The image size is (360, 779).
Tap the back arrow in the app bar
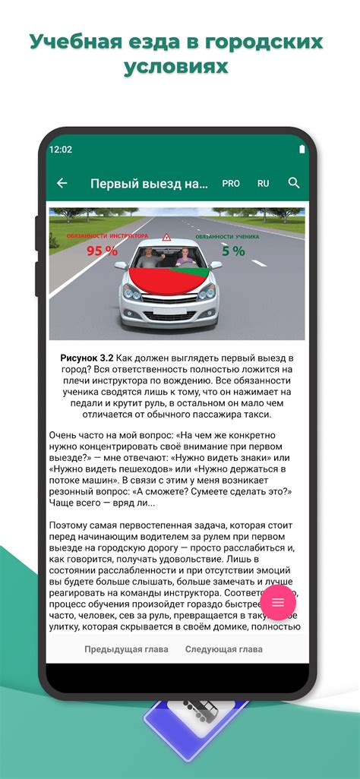[62, 183]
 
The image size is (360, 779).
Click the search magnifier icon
[294, 183]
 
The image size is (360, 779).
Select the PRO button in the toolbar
[231, 184]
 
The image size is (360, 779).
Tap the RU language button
[264, 184]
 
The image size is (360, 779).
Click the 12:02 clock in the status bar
[61, 150]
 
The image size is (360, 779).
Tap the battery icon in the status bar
[302, 150]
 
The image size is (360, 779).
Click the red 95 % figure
[102, 251]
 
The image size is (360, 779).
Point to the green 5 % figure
[233, 251]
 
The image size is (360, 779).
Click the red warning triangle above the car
[166, 238]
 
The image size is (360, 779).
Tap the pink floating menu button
[278, 602]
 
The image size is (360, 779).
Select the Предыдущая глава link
[115, 649]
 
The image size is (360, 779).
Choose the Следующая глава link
[224, 649]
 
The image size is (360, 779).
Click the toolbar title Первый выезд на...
[148, 184]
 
